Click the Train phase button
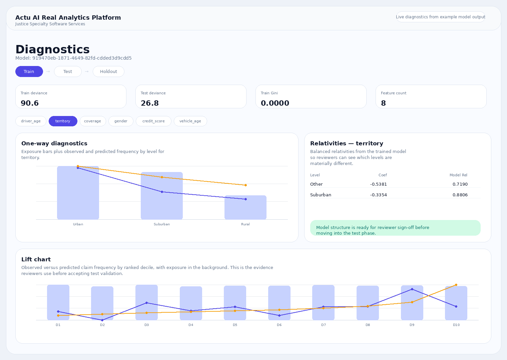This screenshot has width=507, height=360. pyautogui.click(x=29, y=72)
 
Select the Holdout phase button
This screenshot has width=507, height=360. pyautogui.click(x=108, y=72)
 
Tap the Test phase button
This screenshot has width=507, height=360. pyautogui.click(x=68, y=72)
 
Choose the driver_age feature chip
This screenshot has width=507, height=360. pyautogui.click(x=31, y=121)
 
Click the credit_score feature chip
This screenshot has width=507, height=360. pyautogui.click(x=153, y=121)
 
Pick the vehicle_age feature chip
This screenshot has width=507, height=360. pyautogui.click(x=190, y=121)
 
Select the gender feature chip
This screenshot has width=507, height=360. pyautogui.click(x=121, y=121)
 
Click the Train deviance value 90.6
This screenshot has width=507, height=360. pyautogui.click(x=30, y=103)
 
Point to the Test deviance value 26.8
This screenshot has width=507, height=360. pyautogui.click(x=150, y=103)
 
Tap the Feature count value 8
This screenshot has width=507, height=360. pyautogui.click(x=383, y=103)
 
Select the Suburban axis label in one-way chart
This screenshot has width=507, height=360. pyautogui.click(x=162, y=224)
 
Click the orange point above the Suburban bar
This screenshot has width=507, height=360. pyautogui.click(x=162, y=177)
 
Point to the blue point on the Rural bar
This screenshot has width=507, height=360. pyautogui.click(x=245, y=199)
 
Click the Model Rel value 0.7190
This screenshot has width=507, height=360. pyautogui.click(x=460, y=184)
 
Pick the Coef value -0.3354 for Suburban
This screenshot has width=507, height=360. pyautogui.click(x=379, y=195)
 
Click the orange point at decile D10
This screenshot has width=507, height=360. pyautogui.click(x=456, y=285)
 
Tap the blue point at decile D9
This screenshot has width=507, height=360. pyautogui.click(x=412, y=289)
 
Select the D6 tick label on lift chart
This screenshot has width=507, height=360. pyautogui.click(x=279, y=325)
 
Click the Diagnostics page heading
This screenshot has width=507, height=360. pyautogui.click(x=52, y=49)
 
